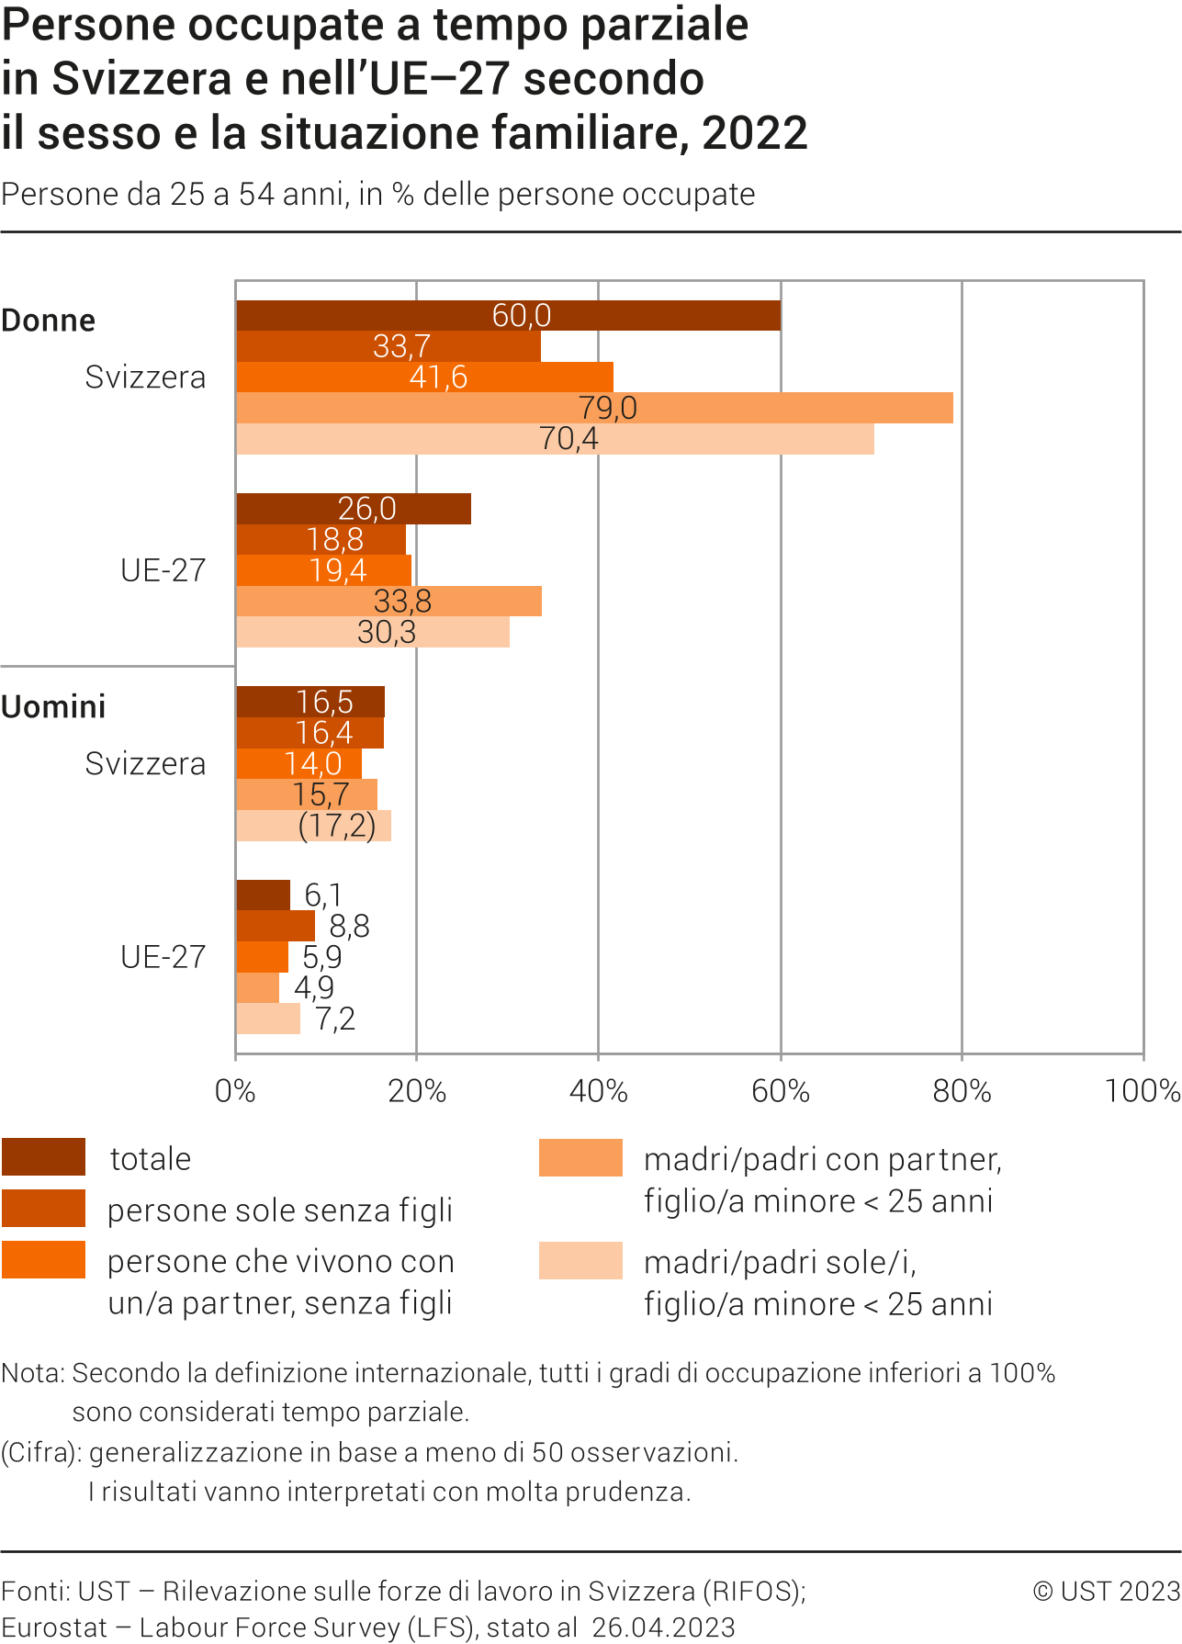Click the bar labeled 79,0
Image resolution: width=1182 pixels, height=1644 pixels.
click(594, 408)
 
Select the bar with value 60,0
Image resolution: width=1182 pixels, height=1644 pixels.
click(508, 315)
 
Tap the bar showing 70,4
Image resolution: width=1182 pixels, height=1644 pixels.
click(555, 439)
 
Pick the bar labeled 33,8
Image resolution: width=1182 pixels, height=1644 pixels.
click(388, 602)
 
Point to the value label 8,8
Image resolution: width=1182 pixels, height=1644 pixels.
click(349, 926)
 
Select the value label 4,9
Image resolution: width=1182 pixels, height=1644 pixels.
click(314, 988)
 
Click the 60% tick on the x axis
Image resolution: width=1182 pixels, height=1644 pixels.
click(781, 1091)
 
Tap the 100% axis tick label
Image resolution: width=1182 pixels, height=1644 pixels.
click(1142, 1091)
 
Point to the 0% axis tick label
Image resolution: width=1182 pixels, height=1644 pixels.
click(235, 1091)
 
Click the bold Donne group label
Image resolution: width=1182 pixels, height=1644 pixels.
click(49, 321)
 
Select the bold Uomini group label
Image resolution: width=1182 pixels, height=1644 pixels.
click(53, 707)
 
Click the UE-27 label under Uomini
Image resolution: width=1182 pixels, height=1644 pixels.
click(163, 957)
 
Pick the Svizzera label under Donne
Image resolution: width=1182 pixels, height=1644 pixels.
click(145, 377)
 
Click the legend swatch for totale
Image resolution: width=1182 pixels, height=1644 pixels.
click(43, 1157)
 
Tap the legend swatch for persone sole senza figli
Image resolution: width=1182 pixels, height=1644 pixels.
click(43, 1209)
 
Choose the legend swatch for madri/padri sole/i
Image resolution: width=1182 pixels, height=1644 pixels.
click(580, 1261)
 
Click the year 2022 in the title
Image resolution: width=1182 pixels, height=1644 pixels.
click(755, 133)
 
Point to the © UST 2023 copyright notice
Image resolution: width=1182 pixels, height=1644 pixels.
click(1106, 1592)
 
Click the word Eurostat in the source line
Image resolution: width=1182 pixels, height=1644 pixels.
click(55, 1627)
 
